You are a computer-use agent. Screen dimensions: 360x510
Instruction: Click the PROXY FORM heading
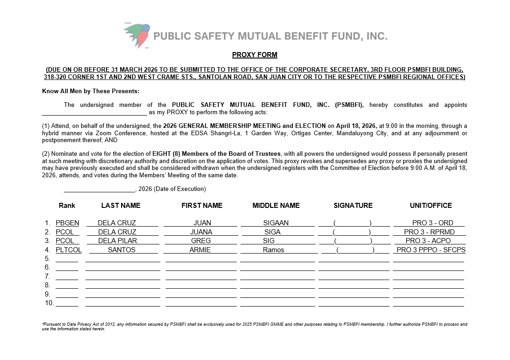point(255,55)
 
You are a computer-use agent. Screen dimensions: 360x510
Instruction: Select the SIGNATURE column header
point(353,206)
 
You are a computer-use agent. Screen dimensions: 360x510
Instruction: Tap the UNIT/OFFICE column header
point(430,206)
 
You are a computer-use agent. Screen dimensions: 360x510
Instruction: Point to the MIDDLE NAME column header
point(276,206)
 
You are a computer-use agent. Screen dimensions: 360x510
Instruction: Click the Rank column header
point(67,206)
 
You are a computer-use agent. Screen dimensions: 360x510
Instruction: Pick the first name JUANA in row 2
point(201,232)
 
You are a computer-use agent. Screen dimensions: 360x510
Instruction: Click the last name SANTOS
point(122,250)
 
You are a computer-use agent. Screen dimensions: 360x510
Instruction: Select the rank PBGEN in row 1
point(68,223)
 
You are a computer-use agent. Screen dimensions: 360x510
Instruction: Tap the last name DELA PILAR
point(117,241)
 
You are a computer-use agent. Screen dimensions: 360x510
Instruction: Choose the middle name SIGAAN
point(276,223)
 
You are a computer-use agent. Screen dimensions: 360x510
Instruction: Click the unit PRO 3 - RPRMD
point(429,232)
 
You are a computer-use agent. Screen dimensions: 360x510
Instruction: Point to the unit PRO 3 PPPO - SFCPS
point(431,250)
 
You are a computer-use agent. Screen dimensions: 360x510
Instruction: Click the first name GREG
point(201,241)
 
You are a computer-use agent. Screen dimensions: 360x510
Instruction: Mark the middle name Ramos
point(273,250)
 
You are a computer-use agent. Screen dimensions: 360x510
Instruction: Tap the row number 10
point(49,303)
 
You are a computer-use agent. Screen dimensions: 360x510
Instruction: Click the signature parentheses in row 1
point(352,223)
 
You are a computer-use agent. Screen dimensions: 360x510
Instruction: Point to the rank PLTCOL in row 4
point(69,250)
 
